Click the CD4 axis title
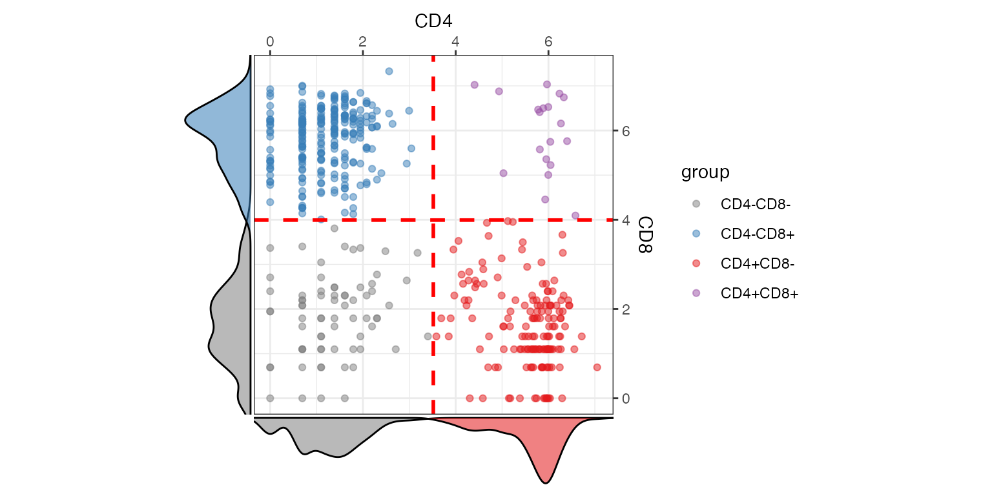[x=433, y=21]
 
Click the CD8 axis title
[x=645, y=235]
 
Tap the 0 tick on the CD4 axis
[x=270, y=41]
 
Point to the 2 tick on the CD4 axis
[x=363, y=41]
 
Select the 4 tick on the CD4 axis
[x=456, y=41]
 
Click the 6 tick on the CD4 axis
[x=548, y=41]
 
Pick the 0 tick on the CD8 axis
[x=625, y=398]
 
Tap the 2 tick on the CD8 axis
[x=625, y=309]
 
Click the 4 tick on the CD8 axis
[x=625, y=220]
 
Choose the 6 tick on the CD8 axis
[x=625, y=131]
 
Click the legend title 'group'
[x=705, y=172]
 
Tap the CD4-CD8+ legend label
[x=757, y=234]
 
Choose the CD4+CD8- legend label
[x=757, y=263]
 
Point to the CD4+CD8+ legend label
[x=759, y=293]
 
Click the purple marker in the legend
[x=696, y=293]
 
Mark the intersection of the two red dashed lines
[x=433, y=220]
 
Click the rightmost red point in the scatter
[x=597, y=367]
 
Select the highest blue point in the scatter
[x=389, y=71]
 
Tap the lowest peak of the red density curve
[x=546, y=482]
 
